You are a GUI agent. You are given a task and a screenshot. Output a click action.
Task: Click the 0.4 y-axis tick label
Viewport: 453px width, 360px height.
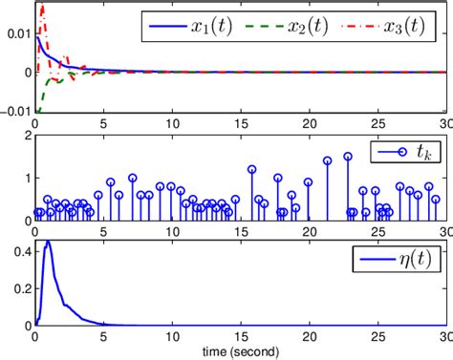[x=20, y=250]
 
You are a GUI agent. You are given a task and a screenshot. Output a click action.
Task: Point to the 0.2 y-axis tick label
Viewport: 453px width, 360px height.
[x=20, y=287]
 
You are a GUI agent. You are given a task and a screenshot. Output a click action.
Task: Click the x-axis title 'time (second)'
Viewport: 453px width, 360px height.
[x=240, y=352]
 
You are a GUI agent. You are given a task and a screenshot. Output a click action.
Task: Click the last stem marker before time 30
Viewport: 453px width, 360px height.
[x=435, y=200]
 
